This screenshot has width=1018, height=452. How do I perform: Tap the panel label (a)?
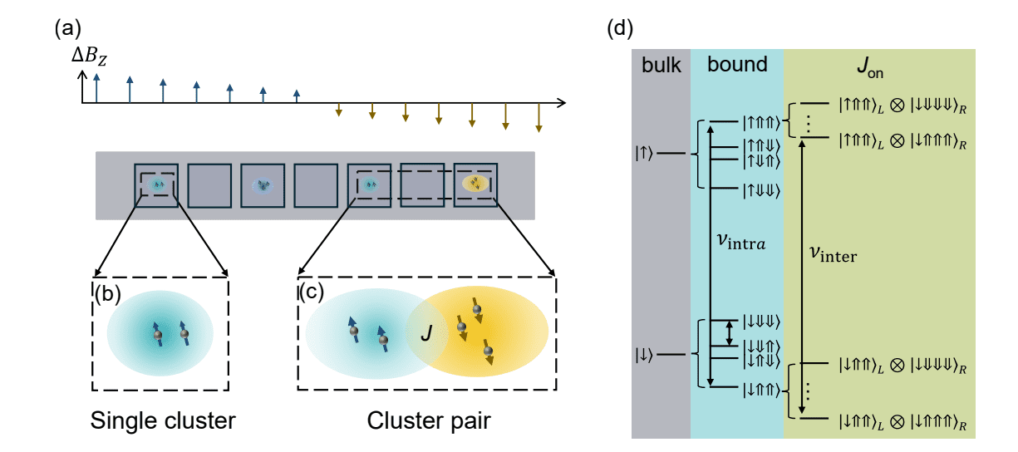68,29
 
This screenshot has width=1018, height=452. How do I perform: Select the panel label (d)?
621,29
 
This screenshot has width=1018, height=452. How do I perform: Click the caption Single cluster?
163,422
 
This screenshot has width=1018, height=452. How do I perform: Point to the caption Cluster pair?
429,422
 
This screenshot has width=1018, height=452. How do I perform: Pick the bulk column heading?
661,64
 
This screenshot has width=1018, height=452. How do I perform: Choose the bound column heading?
736,64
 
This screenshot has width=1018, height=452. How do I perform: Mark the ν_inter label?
833,256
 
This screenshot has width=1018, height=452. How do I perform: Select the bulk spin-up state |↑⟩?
646,154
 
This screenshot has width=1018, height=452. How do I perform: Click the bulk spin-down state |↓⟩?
646,354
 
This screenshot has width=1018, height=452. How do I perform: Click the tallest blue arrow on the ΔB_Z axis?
97,87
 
